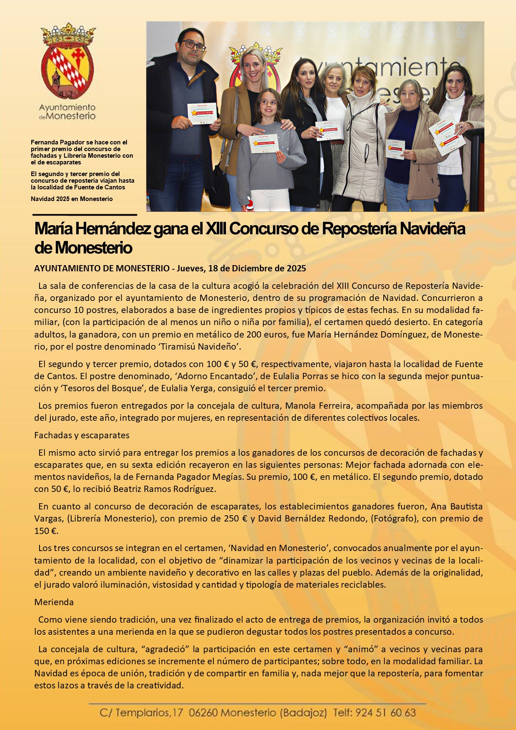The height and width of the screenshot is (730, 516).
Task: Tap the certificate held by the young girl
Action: (263, 144)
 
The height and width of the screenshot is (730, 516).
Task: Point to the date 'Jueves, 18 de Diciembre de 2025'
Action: (241, 268)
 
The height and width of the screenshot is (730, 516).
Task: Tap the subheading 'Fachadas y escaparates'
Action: (82, 435)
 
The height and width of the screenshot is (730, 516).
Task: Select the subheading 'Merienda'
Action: (54, 602)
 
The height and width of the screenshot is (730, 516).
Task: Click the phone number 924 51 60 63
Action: (385, 713)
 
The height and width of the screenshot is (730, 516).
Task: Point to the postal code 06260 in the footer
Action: (203, 713)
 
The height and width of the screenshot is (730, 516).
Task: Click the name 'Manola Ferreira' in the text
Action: (318, 406)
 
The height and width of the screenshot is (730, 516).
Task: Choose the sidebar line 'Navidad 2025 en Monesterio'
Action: (72, 199)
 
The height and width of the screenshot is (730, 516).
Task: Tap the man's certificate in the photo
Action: (202, 113)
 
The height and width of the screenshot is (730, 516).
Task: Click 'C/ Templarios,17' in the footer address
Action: (141, 713)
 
